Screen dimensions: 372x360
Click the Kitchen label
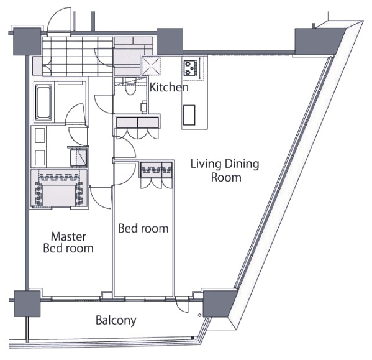coord(169,88)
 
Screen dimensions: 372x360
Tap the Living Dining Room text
coord(225,170)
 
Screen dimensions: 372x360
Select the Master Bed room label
coord(68,242)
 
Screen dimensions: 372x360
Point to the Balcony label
coord(116,320)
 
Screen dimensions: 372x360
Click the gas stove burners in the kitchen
coord(191,68)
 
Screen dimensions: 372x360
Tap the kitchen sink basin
coord(189,115)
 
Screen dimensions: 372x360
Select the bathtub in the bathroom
coord(43,102)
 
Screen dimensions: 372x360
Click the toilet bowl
coord(130,88)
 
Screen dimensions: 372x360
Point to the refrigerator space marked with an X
coord(151,65)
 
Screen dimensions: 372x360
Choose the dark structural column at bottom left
coord(27,303)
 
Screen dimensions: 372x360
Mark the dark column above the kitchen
coord(170,41)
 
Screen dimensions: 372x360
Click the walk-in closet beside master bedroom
coord(58,189)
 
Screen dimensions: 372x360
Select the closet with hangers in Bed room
coord(157,170)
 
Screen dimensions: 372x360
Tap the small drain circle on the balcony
coord(200,315)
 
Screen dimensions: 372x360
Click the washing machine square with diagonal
coord(78,157)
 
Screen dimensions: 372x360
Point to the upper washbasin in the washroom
coord(40,136)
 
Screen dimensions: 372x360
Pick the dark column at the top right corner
coord(318,41)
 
